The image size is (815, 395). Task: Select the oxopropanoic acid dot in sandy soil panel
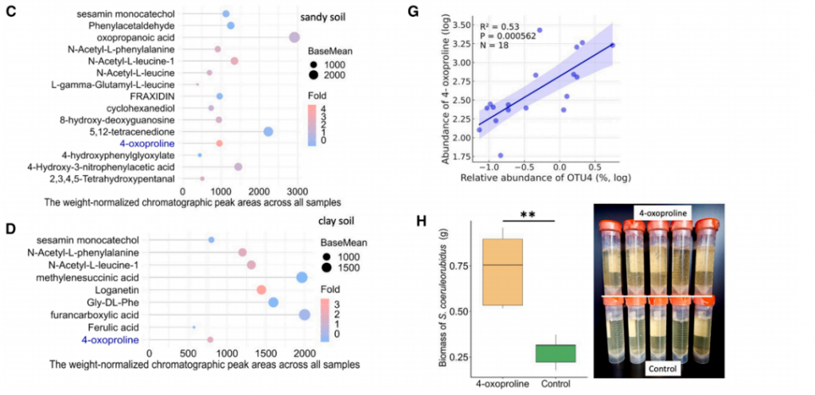click(294, 37)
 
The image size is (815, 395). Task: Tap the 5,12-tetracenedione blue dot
click(268, 131)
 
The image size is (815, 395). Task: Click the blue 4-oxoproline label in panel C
click(144, 143)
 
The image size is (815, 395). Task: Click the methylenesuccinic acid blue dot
click(302, 277)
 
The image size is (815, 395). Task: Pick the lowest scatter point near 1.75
click(500, 155)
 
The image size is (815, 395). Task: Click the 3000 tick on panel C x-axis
click(297, 192)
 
